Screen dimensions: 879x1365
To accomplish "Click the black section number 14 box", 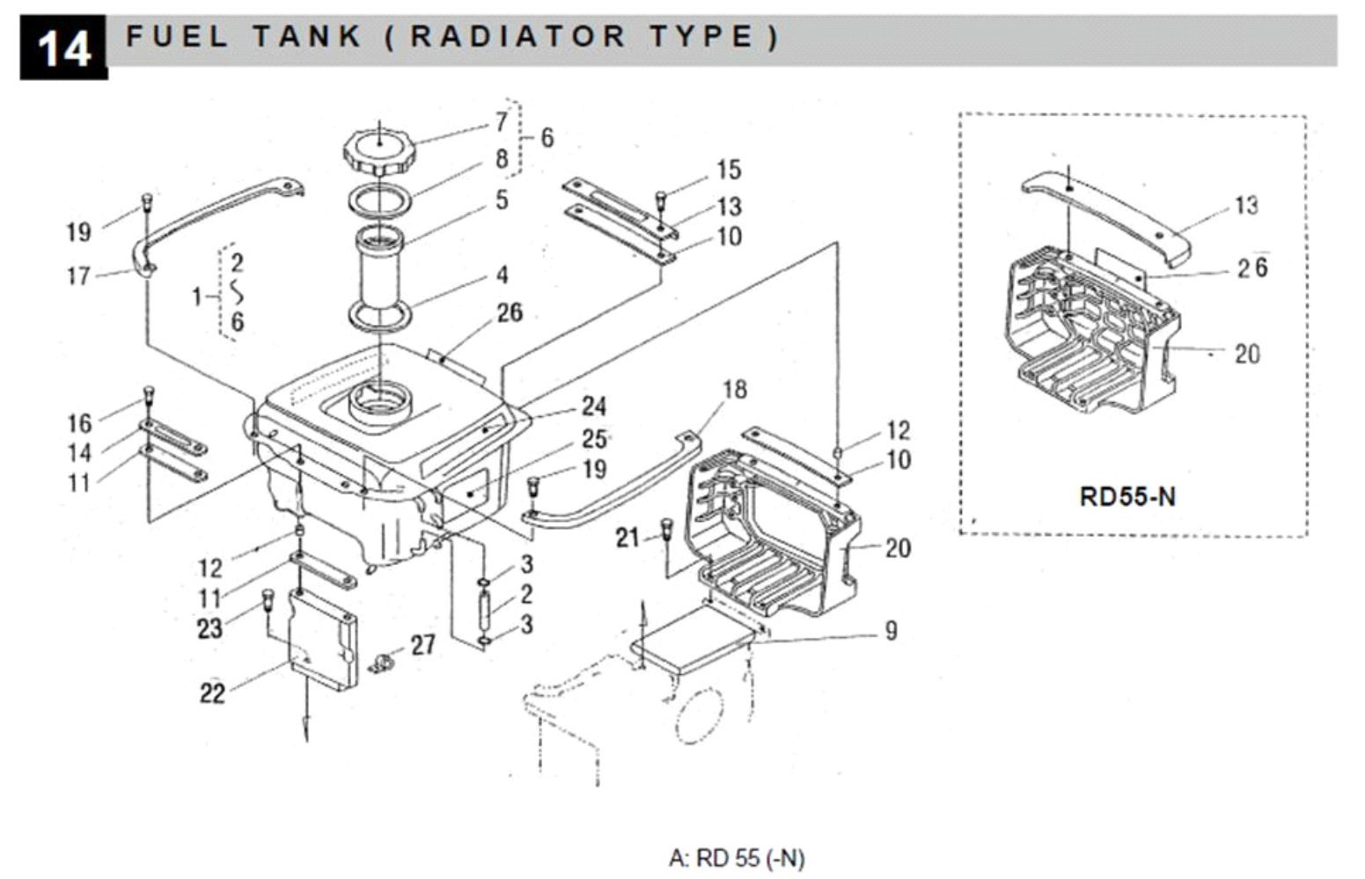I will pos(63,48).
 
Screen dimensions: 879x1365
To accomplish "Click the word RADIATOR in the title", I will pos(517,37).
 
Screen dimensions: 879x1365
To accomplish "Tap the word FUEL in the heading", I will pos(177,37).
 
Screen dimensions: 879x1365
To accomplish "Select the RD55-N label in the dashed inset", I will pos(1126,496).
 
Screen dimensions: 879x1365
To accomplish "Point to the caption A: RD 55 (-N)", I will pos(737,857).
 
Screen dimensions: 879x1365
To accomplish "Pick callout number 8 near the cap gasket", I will pos(502,158).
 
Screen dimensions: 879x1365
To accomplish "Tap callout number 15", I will pos(729,169).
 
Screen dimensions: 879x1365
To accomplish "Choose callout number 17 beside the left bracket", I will pos(78,276).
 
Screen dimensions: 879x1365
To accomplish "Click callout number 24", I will pos(594,406).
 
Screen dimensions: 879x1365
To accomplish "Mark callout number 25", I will pos(594,438).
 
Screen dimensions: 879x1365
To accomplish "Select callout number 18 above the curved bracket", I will pos(735,389).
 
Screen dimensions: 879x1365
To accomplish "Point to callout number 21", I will pos(627,537).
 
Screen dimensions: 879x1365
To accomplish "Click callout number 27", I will pos(423,645).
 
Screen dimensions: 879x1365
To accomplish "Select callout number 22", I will pos(212,693).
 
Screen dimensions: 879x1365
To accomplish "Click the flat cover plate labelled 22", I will pos(324,638).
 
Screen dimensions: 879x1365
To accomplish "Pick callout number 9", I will pos(891,630).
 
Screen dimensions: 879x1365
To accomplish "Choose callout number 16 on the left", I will pos(79,423).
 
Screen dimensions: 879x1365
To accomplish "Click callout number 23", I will pos(209,628).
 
